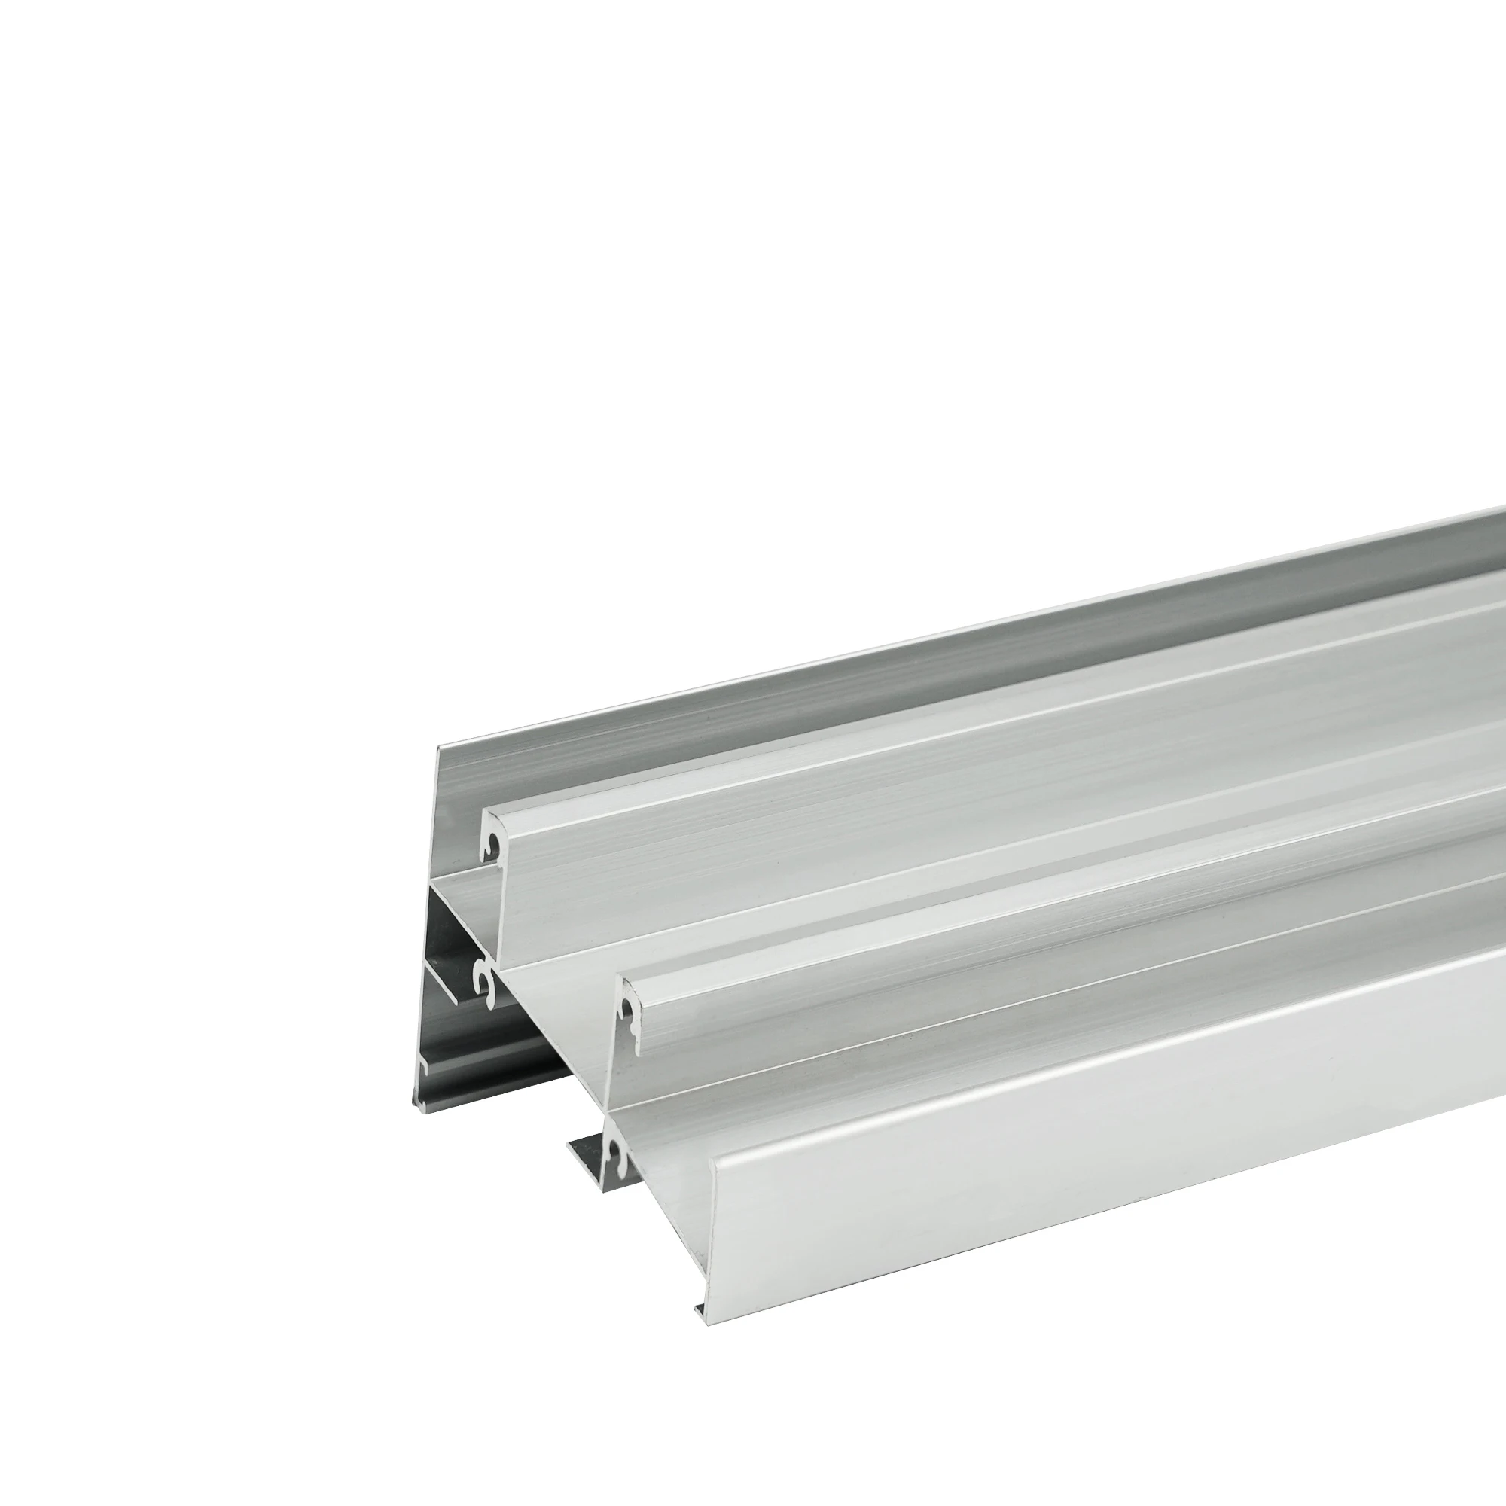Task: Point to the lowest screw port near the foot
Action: pyautogui.click(x=616, y=1153)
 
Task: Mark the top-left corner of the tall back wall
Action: pyautogui.click(x=438, y=746)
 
